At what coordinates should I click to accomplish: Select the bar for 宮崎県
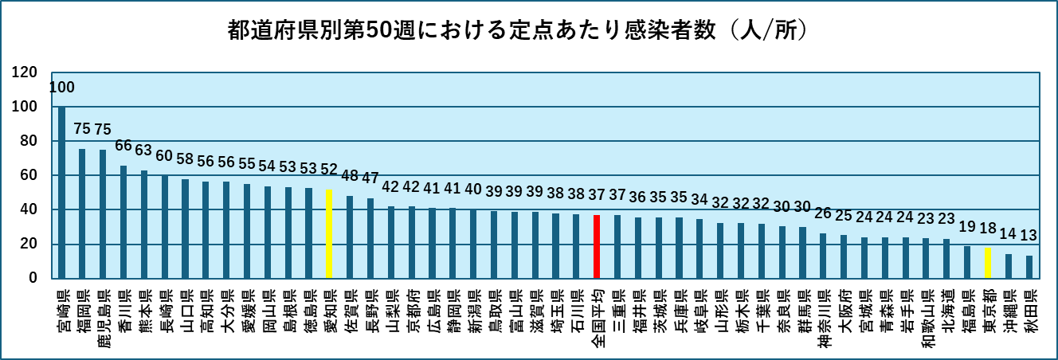pyautogui.click(x=61, y=192)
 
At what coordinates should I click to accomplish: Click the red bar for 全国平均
pyautogui.click(x=596, y=246)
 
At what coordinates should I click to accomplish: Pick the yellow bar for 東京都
pyautogui.click(x=987, y=263)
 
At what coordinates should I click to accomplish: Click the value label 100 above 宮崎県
pyautogui.click(x=61, y=87)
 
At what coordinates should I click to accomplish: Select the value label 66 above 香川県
pyautogui.click(x=123, y=146)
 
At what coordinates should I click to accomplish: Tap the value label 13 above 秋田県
pyautogui.click(x=1029, y=237)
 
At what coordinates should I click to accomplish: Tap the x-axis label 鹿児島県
pyautogui.click(x=103, y=313)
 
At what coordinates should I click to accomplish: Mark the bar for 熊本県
pyautogui.click(x=143, y=224)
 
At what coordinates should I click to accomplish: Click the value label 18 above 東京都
pyautogui.click(x=987, y=229)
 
